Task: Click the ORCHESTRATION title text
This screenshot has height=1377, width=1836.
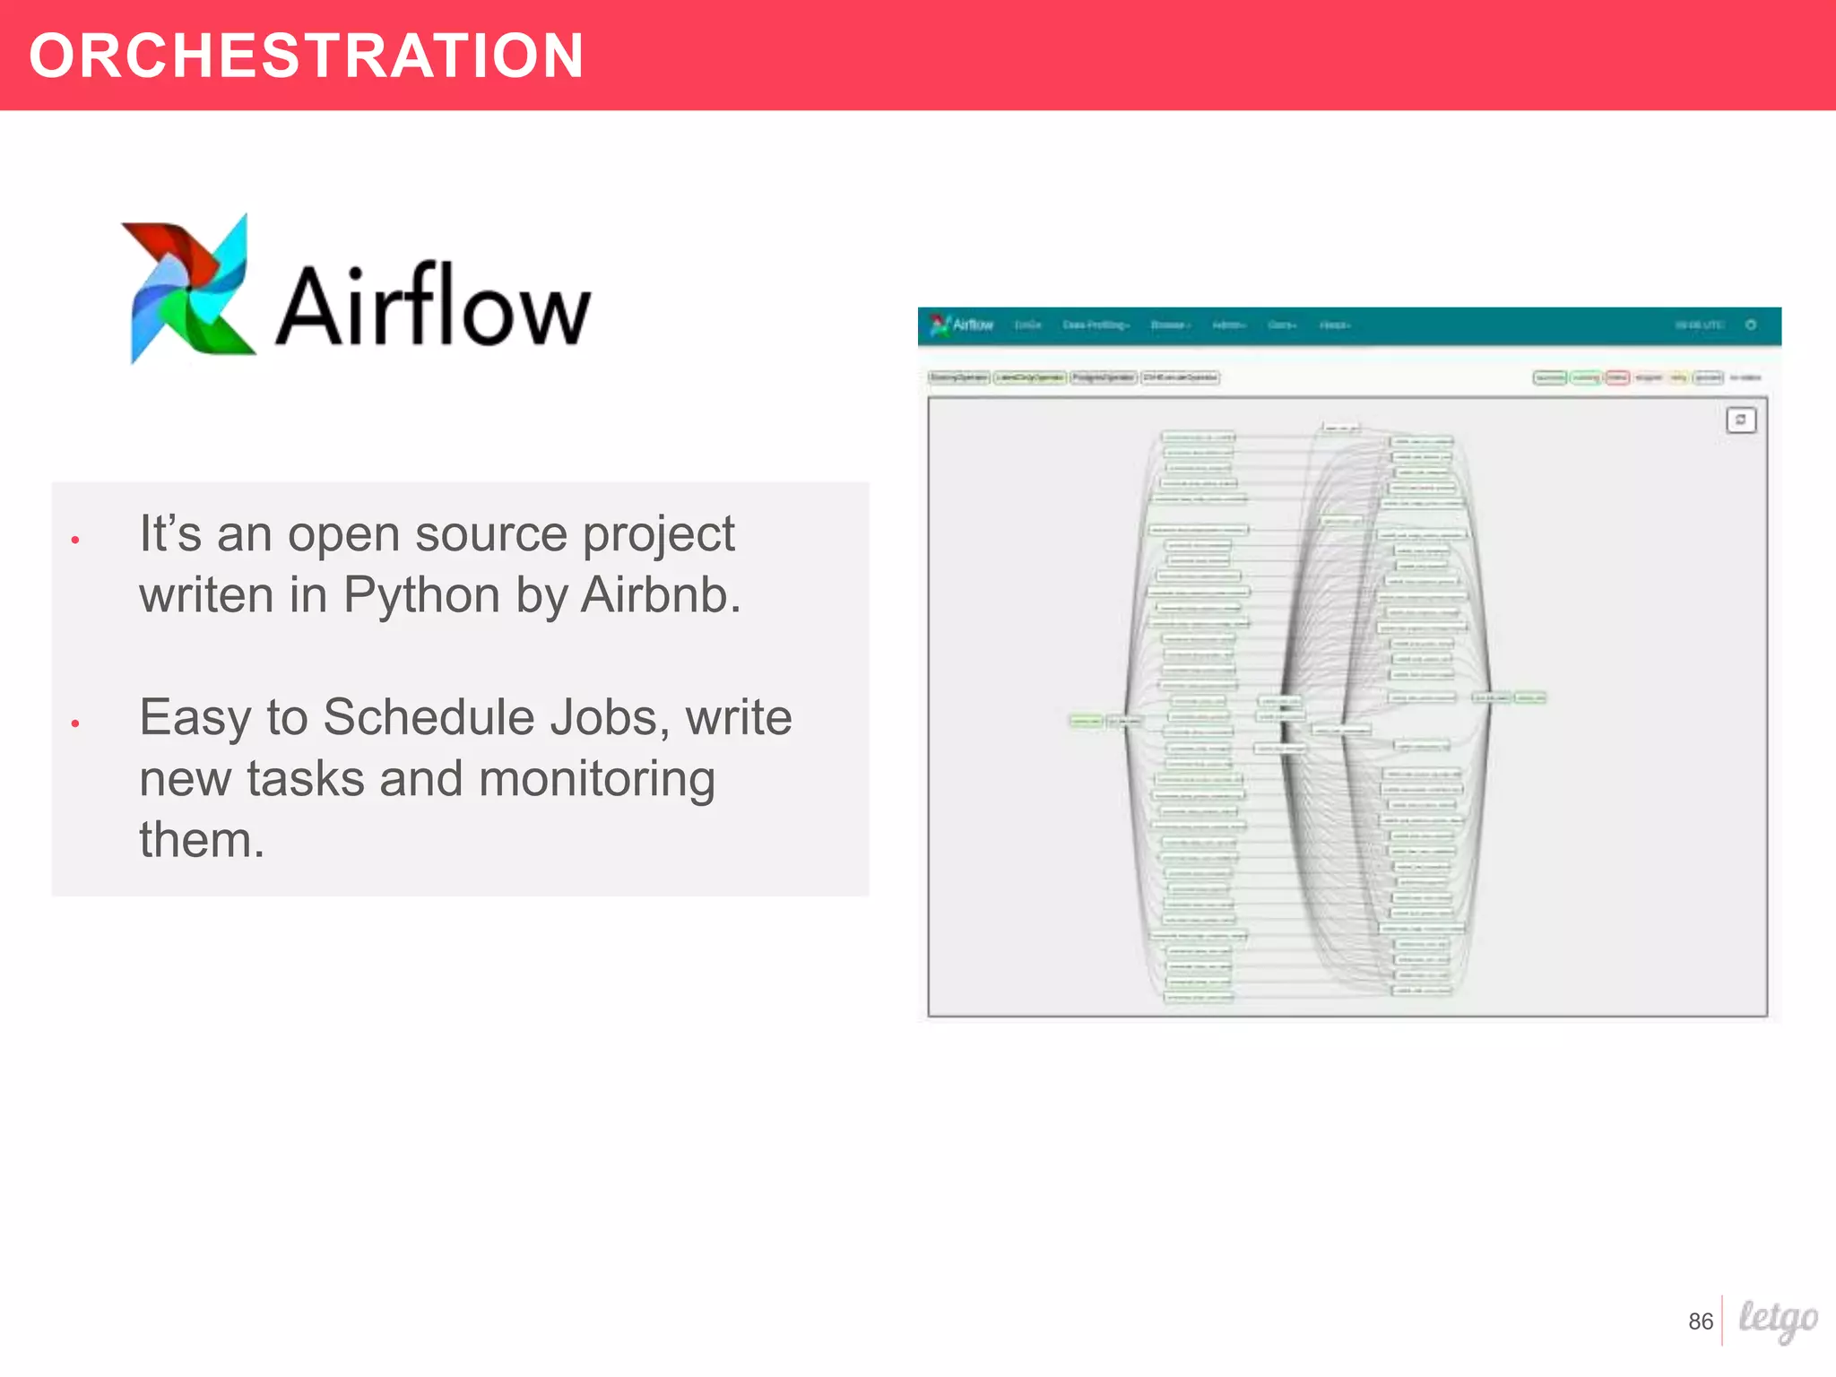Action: point(306,56)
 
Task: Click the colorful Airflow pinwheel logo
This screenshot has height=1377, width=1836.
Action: point(186,289)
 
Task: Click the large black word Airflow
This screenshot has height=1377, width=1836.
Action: point(432,307)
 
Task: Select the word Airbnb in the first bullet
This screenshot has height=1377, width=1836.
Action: point(661,595)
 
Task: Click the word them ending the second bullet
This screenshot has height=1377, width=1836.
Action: point(201,840)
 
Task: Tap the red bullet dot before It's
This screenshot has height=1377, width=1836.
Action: point(75,540)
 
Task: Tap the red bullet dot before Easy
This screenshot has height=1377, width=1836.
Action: point(75,723)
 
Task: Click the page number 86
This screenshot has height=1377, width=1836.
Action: point(1700,1321)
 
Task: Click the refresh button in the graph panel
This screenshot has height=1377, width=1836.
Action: point(1740,420)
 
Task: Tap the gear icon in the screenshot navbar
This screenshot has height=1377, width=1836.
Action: point(1750,325)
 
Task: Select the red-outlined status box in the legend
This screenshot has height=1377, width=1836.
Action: point(1617,377)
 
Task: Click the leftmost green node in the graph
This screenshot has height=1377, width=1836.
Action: point(1086,721)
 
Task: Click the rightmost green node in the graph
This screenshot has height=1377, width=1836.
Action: point(1529,697)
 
